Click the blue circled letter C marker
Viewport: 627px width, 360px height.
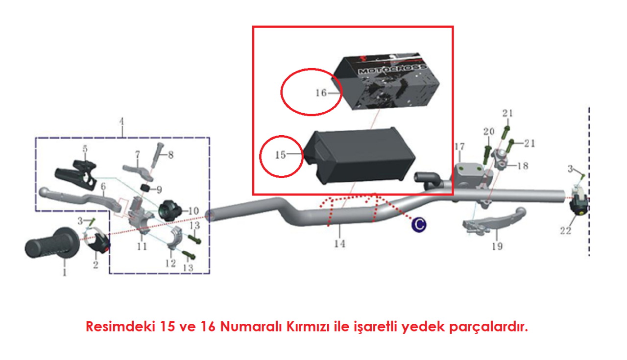click(x=419, y=224)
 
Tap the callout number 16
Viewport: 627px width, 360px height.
click(x=321, y=93)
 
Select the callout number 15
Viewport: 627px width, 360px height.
click(x=281, y=155)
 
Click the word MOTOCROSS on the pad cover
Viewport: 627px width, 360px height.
click(x=392, y=69)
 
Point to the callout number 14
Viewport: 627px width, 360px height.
click(x=340, y=243)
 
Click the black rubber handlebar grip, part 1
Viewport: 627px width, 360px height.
click(x=52, y=243)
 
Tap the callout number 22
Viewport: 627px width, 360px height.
click(x=565, y=231)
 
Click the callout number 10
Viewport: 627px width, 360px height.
click(x=193, y=211)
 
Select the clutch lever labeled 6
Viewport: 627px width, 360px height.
click(x=81, y=197)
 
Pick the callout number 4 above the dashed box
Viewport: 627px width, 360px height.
click(x=121, y=121)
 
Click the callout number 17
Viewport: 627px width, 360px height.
click(x=459, y=146)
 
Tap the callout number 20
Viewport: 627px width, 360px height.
click(x=489, y=131)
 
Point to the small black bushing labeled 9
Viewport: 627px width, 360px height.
click(x=145, y=188)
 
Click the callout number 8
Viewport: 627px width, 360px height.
click(x=171, y=154)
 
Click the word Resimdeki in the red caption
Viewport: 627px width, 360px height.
click(x=121, y=326)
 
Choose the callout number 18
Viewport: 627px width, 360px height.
click(x=523, y=166)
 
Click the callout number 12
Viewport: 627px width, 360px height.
click(x=170, y=263)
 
